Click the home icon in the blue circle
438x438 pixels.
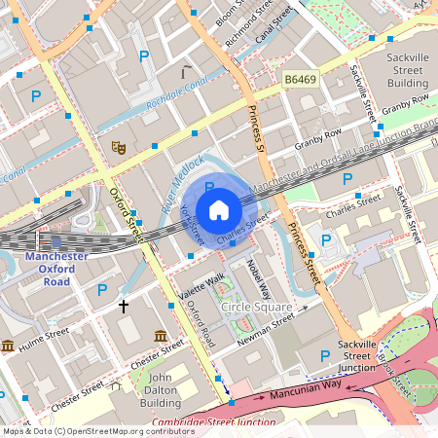click(219, 209)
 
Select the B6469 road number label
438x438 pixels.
click(302, 78)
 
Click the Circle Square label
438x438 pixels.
click(256, 308)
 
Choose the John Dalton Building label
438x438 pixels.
click(161, 389)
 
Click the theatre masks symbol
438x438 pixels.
click(119, 147)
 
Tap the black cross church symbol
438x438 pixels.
click(123, 306)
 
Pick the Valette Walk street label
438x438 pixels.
click(201, 281)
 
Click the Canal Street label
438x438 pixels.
click(274, 22)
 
